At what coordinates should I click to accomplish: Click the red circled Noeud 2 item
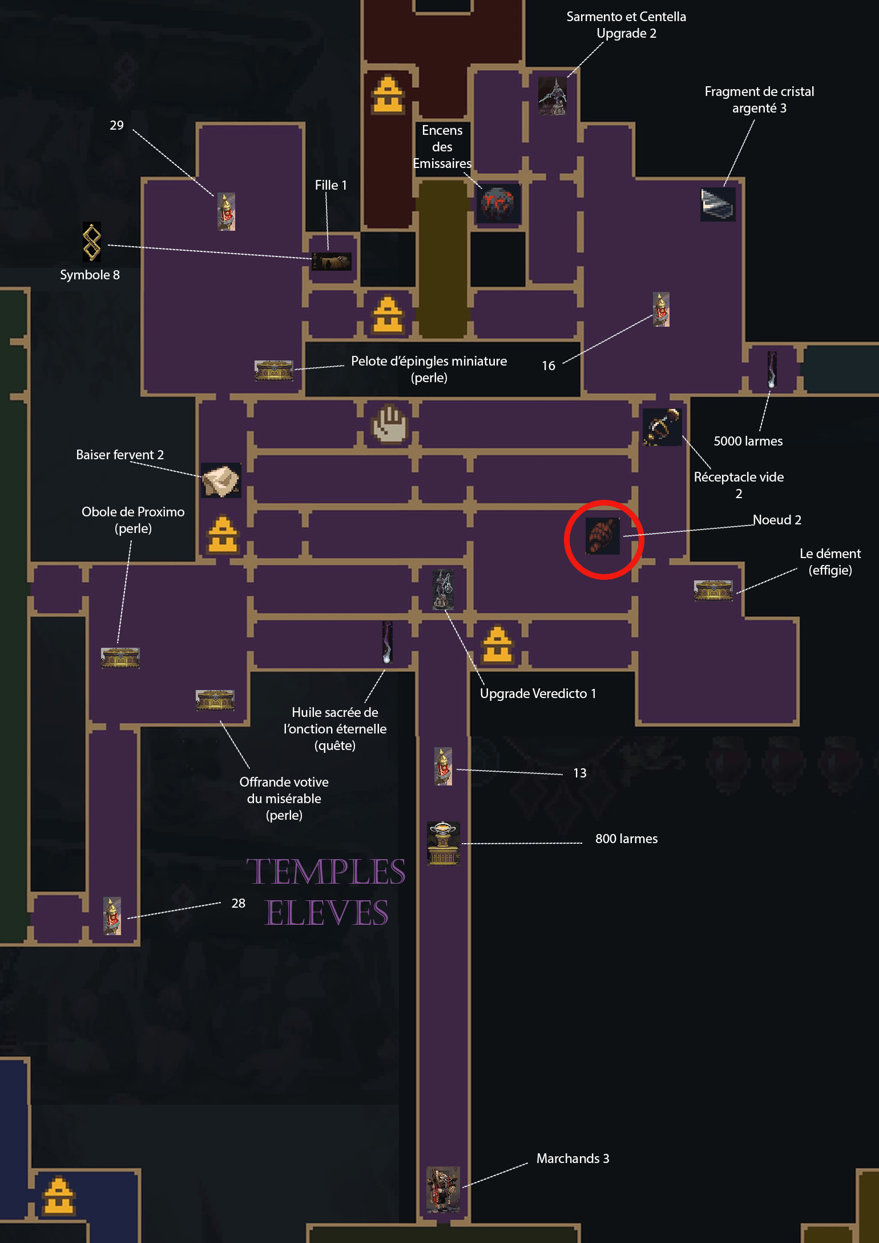[x=602, y=536]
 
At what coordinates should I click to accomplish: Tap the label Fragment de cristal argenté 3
[x=759, y=99]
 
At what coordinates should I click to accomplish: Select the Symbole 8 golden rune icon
[x=92, y=242]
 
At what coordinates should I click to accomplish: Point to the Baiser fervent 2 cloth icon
[x=221, y=480]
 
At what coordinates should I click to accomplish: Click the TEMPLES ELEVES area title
[x=326, y=892]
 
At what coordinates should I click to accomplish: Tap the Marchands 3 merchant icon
[x=443, y=1189]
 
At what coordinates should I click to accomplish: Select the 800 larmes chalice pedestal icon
[x=443, y=843]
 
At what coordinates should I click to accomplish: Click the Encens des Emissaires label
[x=442, y=147]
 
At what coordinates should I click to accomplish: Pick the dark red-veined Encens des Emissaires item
[x=498, y=203]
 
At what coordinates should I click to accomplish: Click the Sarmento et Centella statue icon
[x=553, y=95]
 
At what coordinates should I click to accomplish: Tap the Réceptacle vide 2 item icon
[x=662, y=427]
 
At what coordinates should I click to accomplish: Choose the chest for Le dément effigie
[x=713, y=591]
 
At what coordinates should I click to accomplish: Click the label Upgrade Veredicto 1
[x=538, y=693]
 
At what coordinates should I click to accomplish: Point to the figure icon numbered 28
[x=112, y=916]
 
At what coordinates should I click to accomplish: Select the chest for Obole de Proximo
[x=120, y=657]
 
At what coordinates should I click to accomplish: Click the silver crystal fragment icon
[x=718, y=204]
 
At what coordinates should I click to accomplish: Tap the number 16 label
[x=549, y=366]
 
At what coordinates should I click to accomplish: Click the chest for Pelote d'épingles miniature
[x=274, y=371]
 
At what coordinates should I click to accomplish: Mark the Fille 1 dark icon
[x=332, y=262]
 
